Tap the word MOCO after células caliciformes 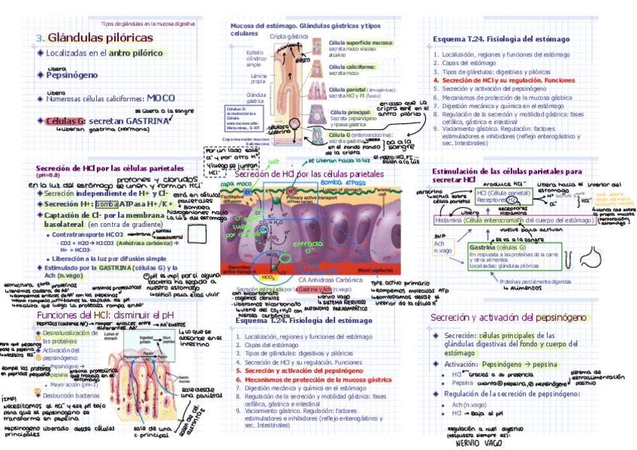pos(161,98)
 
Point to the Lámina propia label pos(258,79)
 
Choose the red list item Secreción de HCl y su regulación pos(498,80)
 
